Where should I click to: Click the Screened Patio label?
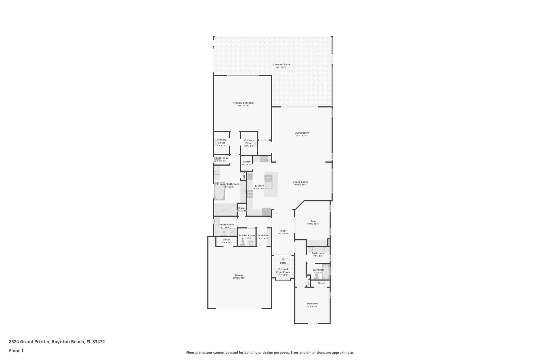point(281,64)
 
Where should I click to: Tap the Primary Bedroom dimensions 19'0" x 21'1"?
point(243,106)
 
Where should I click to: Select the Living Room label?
point(301,133)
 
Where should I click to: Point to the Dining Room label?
point(300,182)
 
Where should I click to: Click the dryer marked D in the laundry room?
point(224,232)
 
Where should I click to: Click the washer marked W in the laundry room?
point(232,232)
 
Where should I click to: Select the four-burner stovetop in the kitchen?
point(250,194)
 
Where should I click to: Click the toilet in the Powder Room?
point(243,242)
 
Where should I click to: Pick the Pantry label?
point(246,162)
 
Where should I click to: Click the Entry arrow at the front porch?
point(283,259)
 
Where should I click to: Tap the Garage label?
point(239,275)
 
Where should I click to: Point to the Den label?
point(313,221)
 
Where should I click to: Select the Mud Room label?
point(264,235)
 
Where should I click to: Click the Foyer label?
point(283,231)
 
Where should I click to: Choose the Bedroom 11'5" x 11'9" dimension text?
point(312,307)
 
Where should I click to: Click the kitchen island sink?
point(269,185)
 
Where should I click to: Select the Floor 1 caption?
point(16,350)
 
